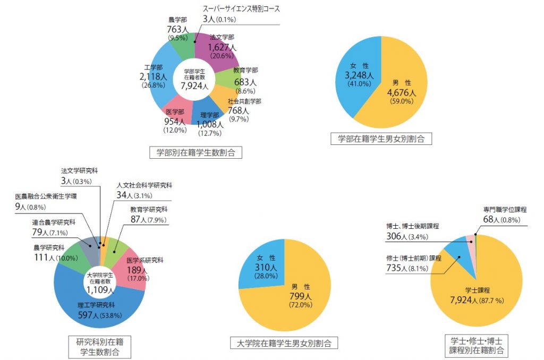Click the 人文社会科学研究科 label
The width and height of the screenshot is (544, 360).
(144, 185)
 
